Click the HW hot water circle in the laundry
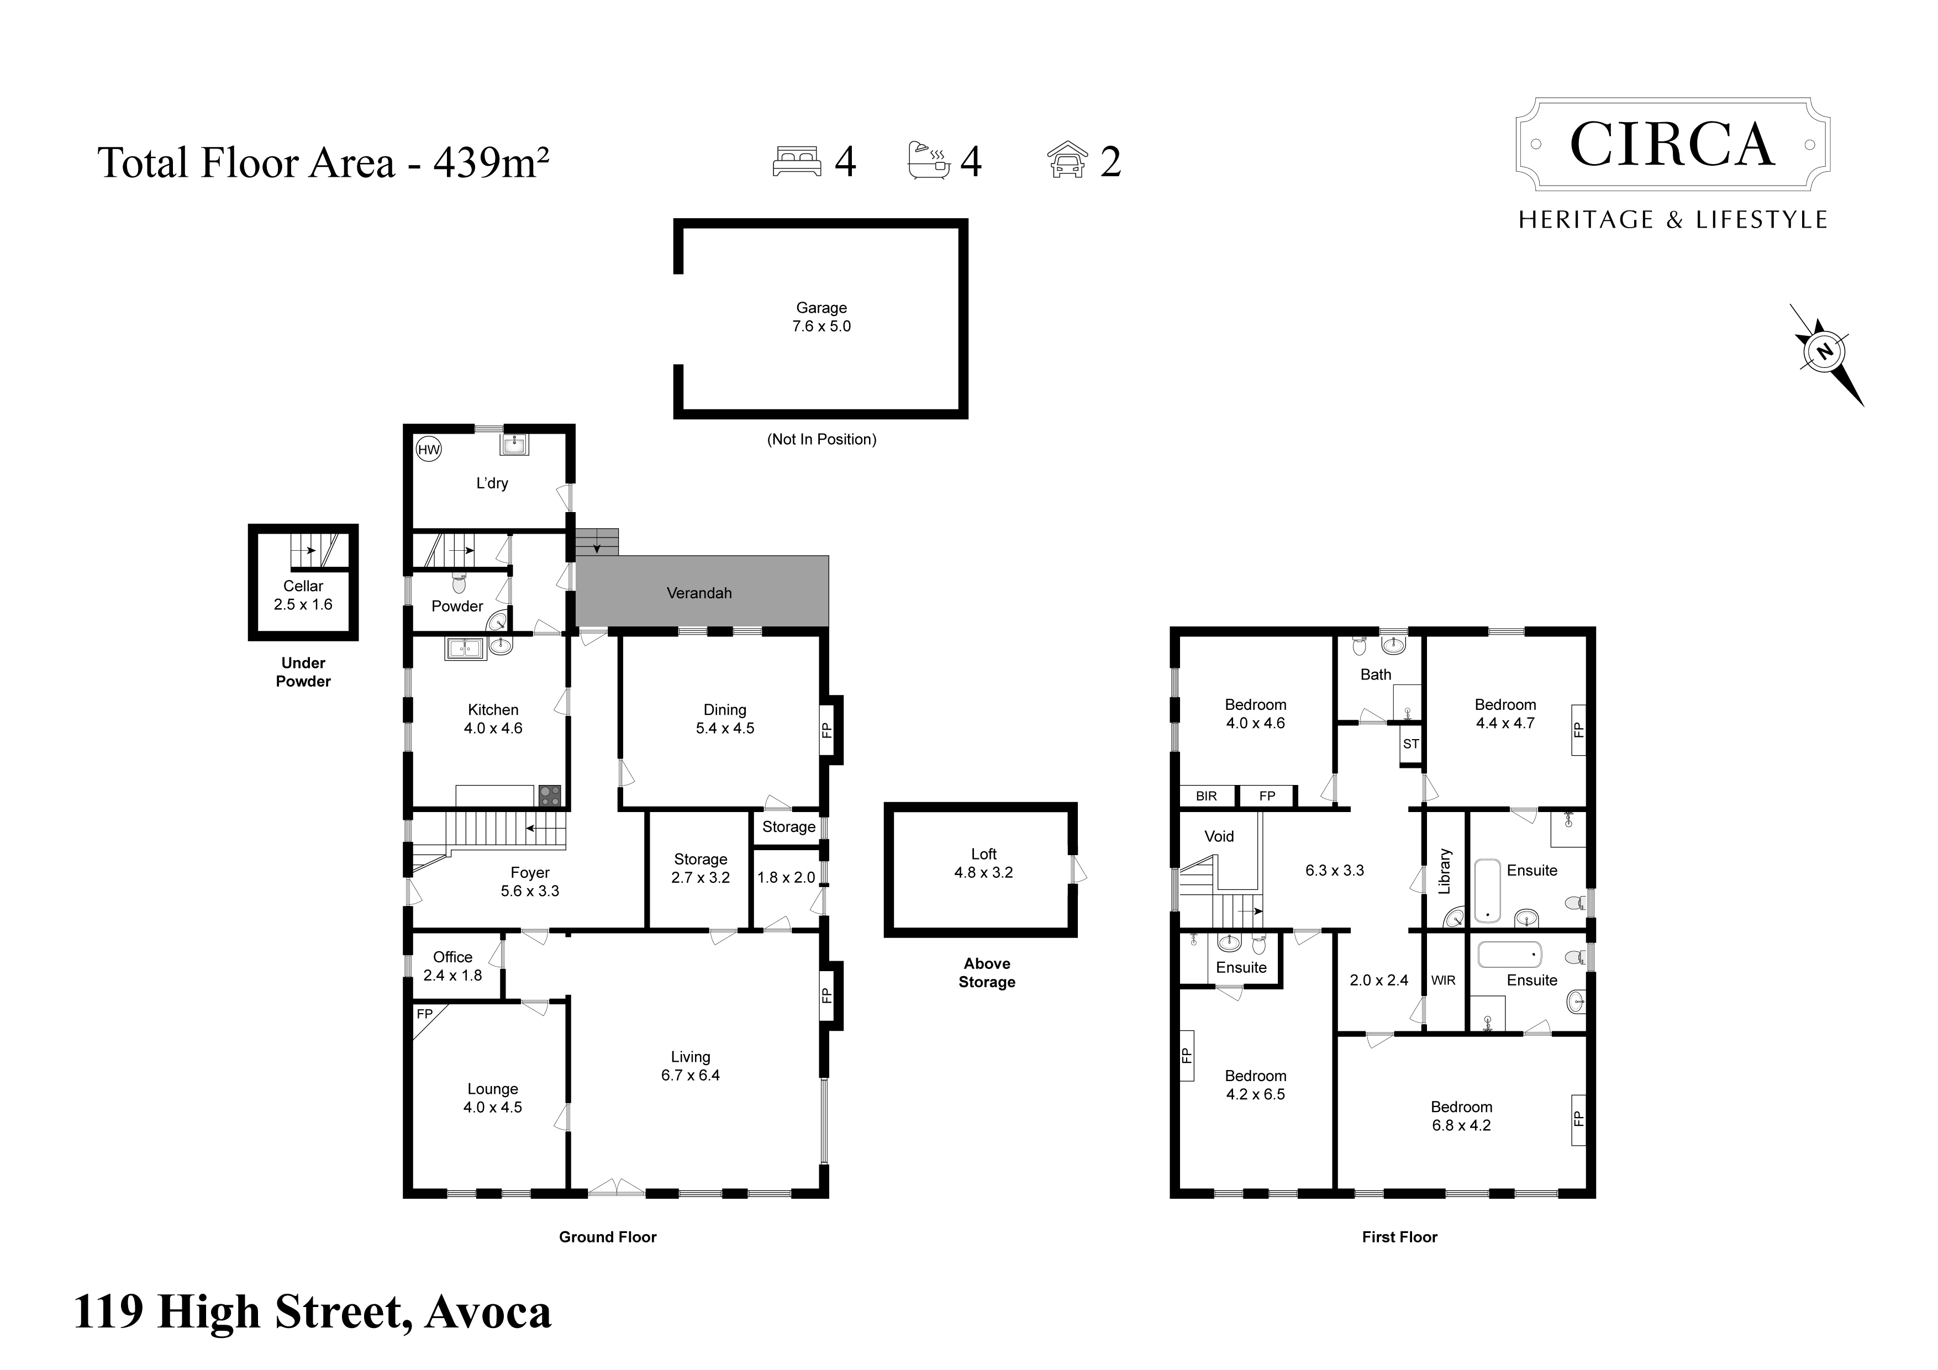429,450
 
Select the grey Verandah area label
699,593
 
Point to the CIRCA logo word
1672,144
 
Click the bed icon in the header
796,161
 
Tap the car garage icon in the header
1068,160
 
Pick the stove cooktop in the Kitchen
550,795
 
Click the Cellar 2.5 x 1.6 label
303,595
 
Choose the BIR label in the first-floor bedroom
1206,796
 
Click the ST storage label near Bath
1410,744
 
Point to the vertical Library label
1444,871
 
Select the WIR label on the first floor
1444,980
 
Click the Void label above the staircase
1219,836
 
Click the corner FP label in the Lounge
425,1014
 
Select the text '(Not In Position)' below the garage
821,440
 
